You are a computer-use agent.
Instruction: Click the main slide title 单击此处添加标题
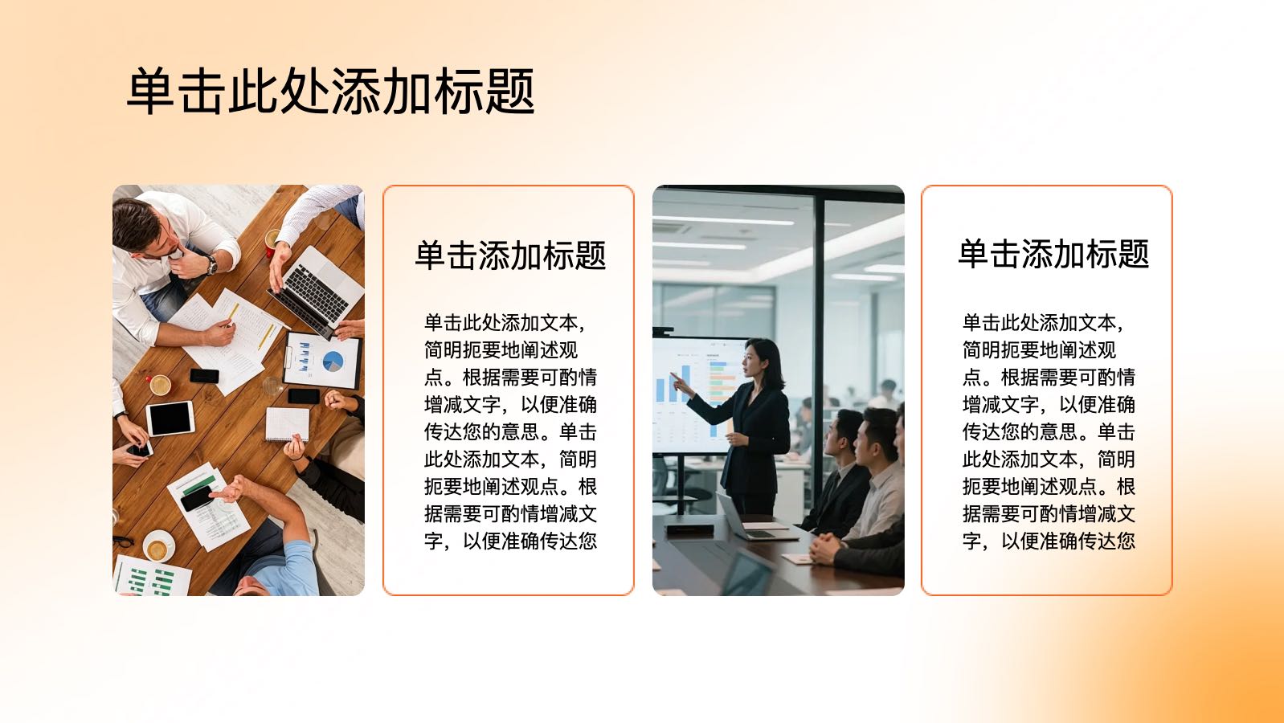(331, 91)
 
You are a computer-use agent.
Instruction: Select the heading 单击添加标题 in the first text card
(510, 255)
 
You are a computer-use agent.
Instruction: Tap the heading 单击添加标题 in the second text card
(1053, 254)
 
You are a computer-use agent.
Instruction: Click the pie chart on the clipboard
(333, 361)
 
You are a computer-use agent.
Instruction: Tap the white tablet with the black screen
(170, 419)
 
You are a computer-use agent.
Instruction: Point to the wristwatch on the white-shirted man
(211, 264)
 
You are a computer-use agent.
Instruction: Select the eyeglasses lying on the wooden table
(123, 541)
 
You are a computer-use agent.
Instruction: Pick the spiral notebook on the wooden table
(287, 424)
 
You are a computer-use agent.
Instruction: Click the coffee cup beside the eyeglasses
(157, 547)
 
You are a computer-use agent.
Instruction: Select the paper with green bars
(151, 576)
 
